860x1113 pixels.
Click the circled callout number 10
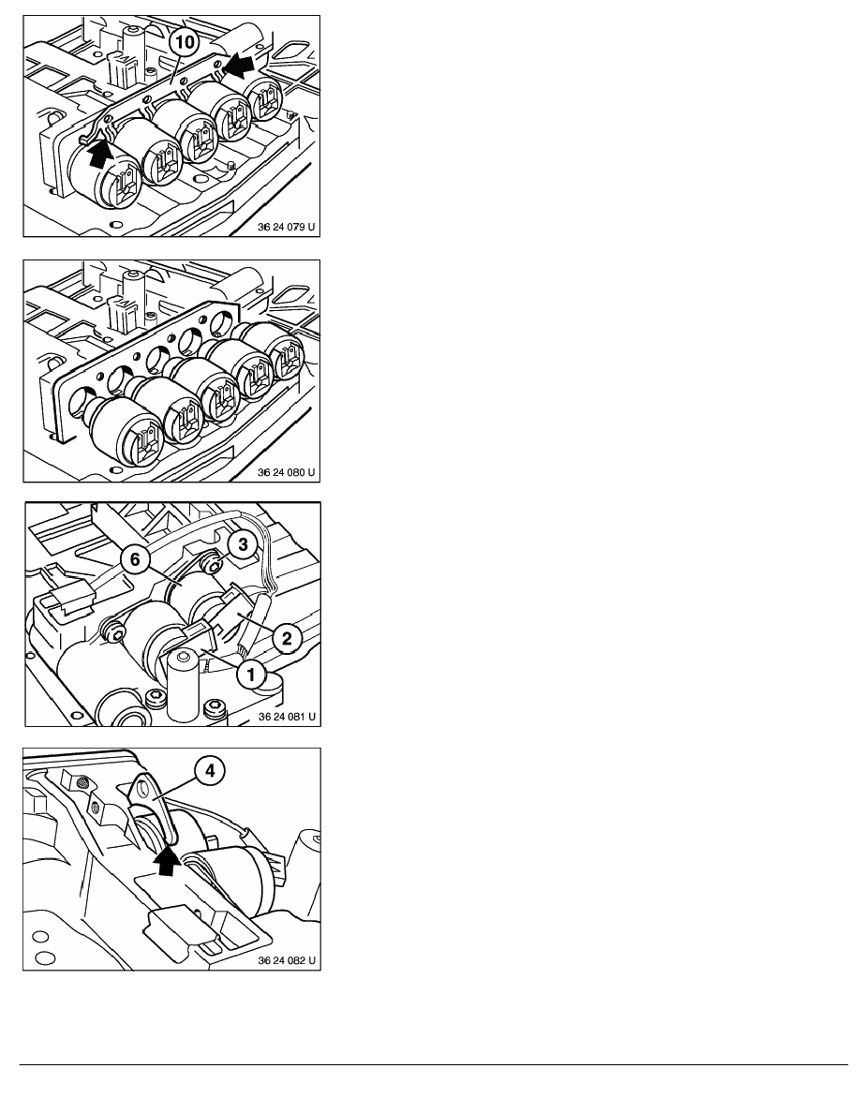pos(183,42)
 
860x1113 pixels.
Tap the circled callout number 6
pos(135,560)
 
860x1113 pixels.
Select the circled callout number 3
pos(243,544)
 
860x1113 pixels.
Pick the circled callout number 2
pos(287,637)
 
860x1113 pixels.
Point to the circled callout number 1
pos(250,674)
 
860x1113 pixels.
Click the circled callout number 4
pos(210,770)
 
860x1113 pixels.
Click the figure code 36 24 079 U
pos(286,227)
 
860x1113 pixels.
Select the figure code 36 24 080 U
pos(286,472)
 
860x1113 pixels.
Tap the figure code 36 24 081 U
pos(287,716)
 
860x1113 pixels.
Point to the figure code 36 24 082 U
pos(287,960)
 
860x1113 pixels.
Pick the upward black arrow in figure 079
pos(101,153)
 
